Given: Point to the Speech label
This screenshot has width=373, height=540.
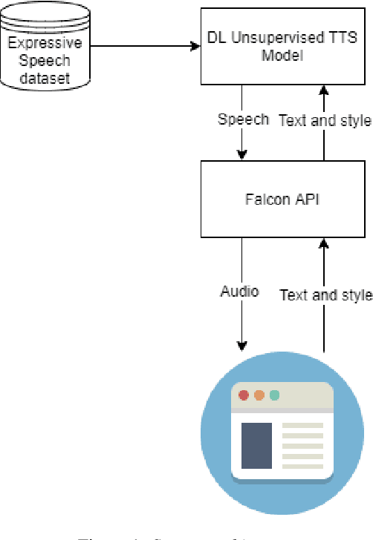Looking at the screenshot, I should (x=243, y=119).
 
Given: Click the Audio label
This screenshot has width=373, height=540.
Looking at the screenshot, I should (x=239, y=292).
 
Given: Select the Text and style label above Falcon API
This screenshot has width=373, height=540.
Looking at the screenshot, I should (x=324, y=120).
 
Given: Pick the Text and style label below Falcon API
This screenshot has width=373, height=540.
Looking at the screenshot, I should (x=325, y=294).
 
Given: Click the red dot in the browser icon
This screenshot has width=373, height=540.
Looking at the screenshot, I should (x=244, y=395).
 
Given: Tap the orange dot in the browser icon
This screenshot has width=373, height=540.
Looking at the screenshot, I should (x=259, y=395).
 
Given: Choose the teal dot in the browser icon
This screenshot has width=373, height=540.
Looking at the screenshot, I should (x=275, y=395).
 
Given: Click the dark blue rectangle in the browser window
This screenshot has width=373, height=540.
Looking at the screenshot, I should (x=256, y=445).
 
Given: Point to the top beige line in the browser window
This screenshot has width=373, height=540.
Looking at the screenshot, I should (x=303, y=426).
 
